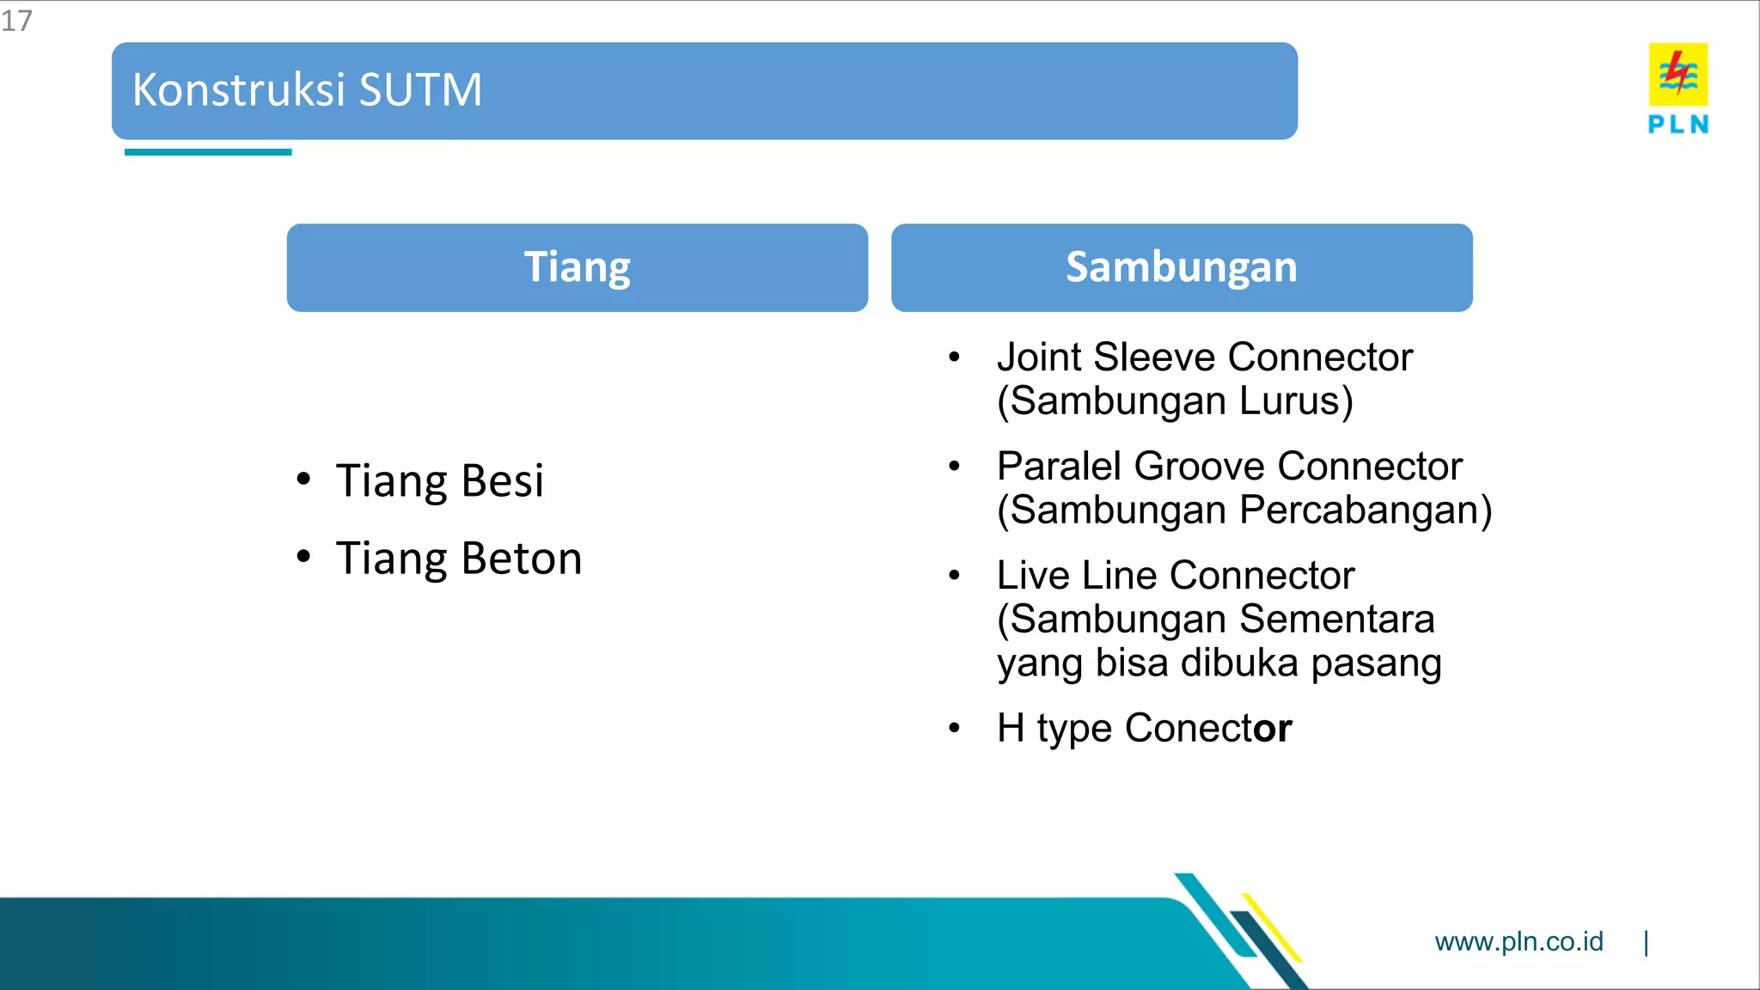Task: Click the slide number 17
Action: click(16, 21)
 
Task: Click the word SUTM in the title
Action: click(420, 90)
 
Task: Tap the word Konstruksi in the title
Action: click(239, 90)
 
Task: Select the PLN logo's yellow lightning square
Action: click(1677, 75)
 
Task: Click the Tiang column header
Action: click(577, 267)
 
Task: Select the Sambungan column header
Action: click(1181, 267)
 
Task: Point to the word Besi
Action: click(502, 480)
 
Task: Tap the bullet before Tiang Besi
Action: click(303, 480)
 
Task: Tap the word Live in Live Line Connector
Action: click(1032, 576)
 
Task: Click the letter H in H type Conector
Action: click(1011, 729)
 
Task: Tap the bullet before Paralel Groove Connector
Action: click(954, 467)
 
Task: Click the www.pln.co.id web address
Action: click(1519, 942)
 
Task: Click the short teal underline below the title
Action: click(208, 152)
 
